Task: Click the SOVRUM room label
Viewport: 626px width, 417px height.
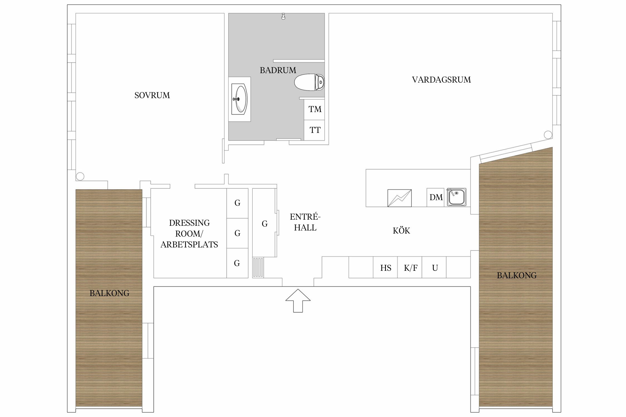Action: (x=152, y=95)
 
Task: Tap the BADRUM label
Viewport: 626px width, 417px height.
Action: (x=278, y=70)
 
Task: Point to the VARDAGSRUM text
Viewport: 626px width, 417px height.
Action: (x=441, y=80)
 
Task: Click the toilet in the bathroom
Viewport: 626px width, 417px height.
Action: (x=309, y=82)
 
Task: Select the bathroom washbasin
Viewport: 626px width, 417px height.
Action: (x=240, y=99)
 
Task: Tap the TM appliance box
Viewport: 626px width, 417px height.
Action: (x=314, y=110)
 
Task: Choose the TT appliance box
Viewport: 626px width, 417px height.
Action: (x=314, y=130)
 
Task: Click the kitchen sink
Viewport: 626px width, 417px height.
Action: (x=457, y=197)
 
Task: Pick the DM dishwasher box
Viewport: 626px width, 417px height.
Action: (x=436, y=197)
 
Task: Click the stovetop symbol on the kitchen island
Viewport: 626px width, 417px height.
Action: (x=400, y=198)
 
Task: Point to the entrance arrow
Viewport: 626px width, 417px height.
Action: (x=298, y=301)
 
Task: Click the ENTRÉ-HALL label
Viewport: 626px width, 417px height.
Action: (x=305, y=222)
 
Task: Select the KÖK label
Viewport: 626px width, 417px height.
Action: (x=401, y=230)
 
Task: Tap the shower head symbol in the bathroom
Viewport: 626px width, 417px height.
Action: (x=283, y=16)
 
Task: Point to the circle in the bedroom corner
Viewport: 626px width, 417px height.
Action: (x=80, y=176)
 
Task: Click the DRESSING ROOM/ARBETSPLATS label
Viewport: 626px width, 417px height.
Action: (x=189, y=234)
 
